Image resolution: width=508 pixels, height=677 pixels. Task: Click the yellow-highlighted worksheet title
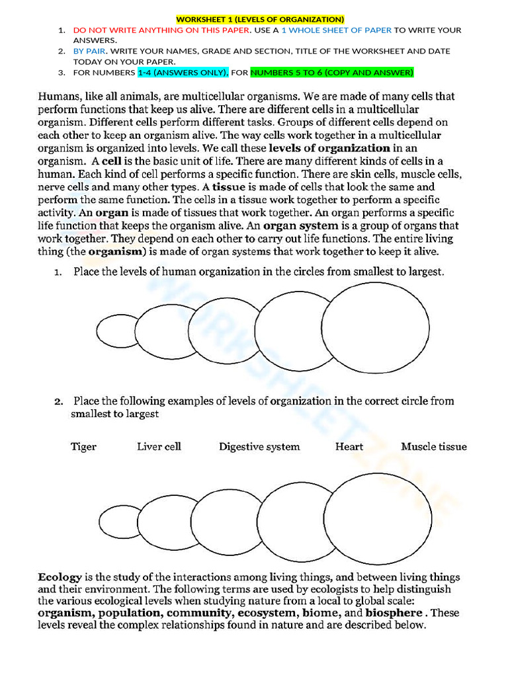click(260, 19)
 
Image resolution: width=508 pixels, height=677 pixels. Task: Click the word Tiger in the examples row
click(83, 446)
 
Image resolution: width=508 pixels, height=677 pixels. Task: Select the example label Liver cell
click(159, 446)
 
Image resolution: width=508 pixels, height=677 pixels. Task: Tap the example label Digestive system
click(259, 446)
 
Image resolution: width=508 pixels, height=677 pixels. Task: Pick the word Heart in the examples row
click(349, 446)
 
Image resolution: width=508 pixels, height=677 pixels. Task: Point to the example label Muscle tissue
click(433, 446)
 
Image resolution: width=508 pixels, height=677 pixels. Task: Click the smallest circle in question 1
click(116, 330)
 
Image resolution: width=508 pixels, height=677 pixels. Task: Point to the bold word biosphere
click(394, 613)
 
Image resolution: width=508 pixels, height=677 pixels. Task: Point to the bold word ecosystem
click(267, 613)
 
